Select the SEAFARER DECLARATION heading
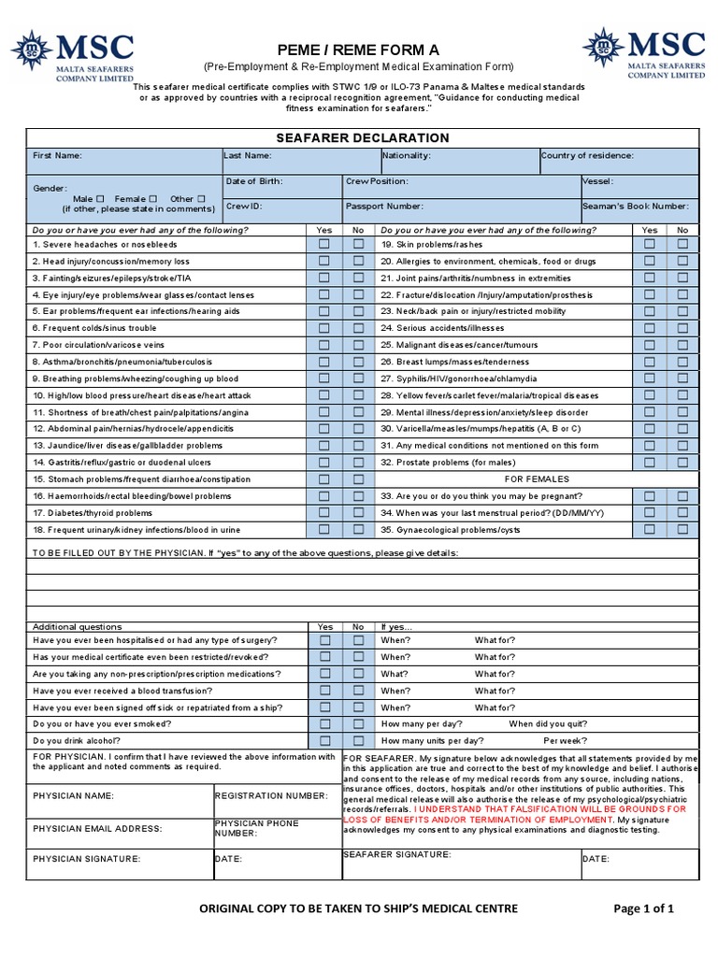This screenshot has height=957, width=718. [x=362, y=137]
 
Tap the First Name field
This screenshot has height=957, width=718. [x=123, y=161]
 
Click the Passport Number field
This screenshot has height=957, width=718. [x=460, y=211]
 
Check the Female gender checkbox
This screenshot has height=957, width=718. [x=152, y=199]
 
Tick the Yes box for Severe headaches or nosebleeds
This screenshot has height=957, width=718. [x=324, y=244]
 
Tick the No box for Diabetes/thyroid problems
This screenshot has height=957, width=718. [x=358, y=512]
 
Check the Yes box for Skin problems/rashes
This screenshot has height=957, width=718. [x=650, y=244]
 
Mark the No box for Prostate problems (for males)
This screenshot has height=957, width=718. [x=682, y=462]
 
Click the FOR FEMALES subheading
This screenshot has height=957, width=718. [x=537, y=478]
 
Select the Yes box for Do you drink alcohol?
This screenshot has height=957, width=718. [x=324, y=740]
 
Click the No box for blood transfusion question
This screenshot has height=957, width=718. [x=358, y=690]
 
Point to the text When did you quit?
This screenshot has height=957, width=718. [x=548, y=723]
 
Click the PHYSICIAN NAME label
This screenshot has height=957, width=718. [x=73, y=796]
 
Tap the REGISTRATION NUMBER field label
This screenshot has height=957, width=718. [x=271, y=795]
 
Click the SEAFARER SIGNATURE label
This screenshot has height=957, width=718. [x=396, y=854]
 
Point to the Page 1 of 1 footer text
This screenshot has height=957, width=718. [x=643, y=908]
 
